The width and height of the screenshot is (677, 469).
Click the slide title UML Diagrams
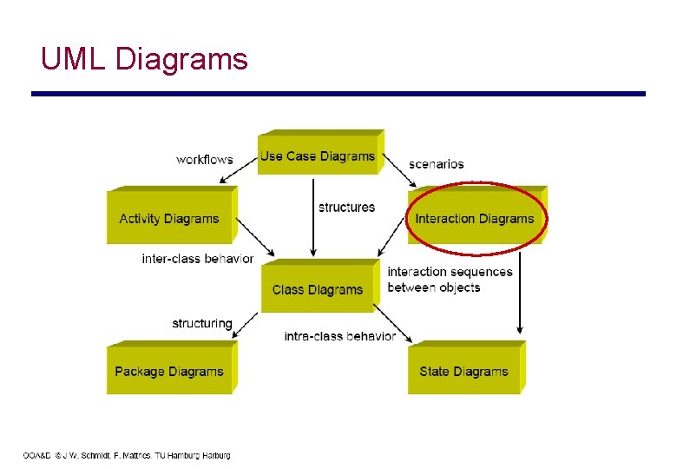[x=144, y=59]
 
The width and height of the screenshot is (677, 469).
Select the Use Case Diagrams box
[x=318, y=156]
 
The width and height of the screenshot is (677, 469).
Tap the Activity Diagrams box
[x=169, y=218]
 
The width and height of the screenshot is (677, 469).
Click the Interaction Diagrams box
[x=474, y=218]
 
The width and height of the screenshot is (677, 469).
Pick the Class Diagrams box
[x=318, y=289]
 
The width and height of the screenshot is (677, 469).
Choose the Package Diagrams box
[x=169, y=372]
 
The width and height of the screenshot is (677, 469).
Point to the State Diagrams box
[x=463, y=372]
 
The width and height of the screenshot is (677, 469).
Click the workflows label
[x=204, y=160]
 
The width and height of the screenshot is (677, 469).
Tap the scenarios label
[x=437, y=163]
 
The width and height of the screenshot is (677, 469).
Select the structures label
[x=346, y=207]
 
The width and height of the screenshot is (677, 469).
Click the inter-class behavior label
[x=198, y=259]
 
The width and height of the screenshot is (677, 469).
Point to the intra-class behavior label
[x=340, y=336]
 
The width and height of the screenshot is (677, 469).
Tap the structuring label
[x=202, y=323]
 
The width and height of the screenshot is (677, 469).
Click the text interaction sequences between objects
[x=449, y=280]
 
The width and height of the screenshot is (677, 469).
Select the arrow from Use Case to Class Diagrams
[x=313, y=217]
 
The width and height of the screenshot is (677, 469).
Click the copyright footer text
[x=127, y=455]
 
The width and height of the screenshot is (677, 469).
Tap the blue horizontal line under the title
[x=338, y=94]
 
